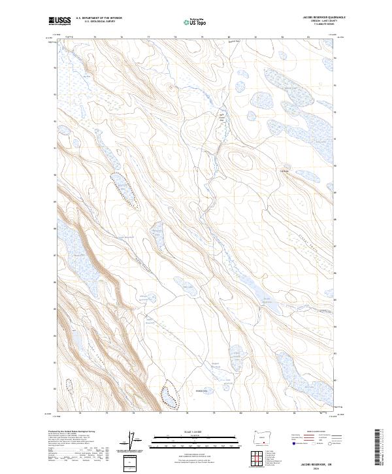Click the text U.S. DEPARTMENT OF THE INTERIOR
click(x=99, y=18)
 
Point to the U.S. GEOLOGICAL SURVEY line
click(x=99, y=22)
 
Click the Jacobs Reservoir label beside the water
click(x=266, y=300)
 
